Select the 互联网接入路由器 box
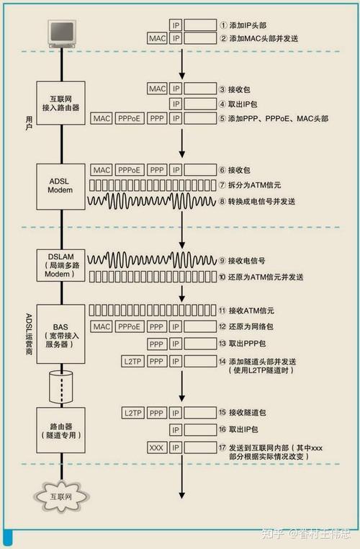pos(62,103)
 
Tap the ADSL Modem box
pos(62,185)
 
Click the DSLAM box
pos(62,265)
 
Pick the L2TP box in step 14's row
pos(134,361)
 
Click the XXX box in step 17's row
pos(156,447)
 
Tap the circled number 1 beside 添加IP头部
pos(222,24)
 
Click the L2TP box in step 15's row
pos(134,413)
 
